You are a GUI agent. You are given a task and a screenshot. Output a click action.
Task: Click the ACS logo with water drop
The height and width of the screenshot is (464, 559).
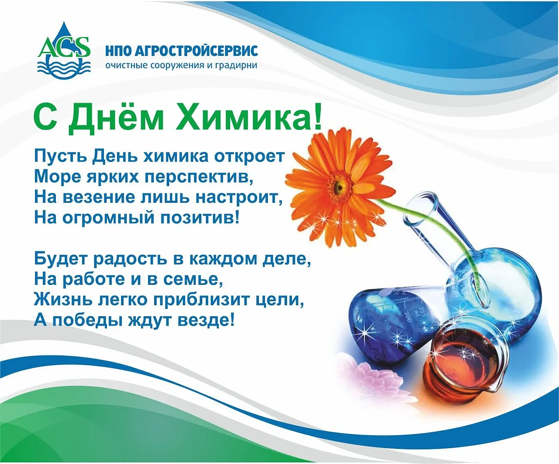tap(64, 51)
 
